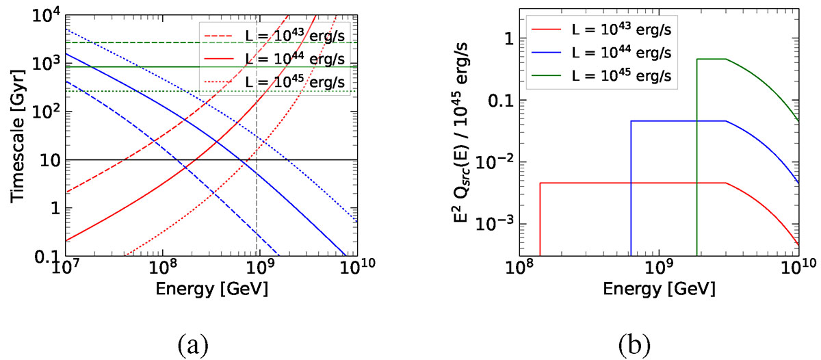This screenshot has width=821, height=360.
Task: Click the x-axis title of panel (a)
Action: [211, 289]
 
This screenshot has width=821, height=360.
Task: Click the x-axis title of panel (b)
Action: [660, 289]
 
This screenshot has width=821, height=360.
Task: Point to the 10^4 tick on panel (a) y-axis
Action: [45, 13]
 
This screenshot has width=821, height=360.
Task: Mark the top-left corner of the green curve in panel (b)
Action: [697, 60]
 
